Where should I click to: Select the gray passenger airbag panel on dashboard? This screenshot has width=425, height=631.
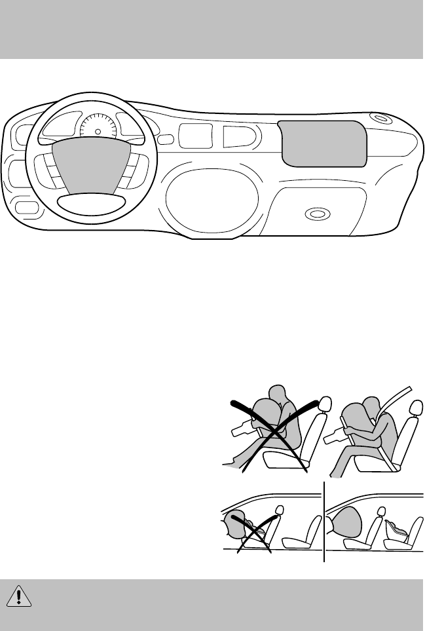[322, 142]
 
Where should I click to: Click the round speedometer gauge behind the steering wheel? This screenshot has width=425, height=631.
[98, 128]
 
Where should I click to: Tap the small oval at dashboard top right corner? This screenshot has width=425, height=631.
[379, 119]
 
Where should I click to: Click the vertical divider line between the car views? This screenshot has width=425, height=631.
[324, 521]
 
